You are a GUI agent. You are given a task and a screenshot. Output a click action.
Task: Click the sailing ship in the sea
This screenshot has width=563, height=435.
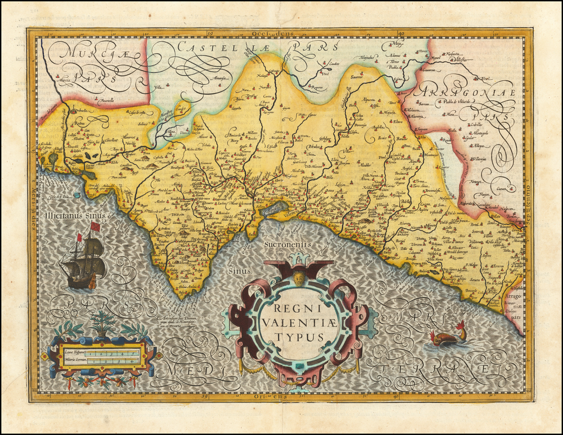[83, 259]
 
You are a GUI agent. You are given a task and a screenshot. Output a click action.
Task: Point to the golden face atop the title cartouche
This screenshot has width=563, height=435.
[299, 278]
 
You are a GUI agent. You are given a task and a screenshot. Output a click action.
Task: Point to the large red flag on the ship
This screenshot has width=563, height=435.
[95, 226]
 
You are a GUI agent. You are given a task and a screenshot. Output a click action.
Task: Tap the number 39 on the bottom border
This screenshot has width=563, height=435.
[204, 395]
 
